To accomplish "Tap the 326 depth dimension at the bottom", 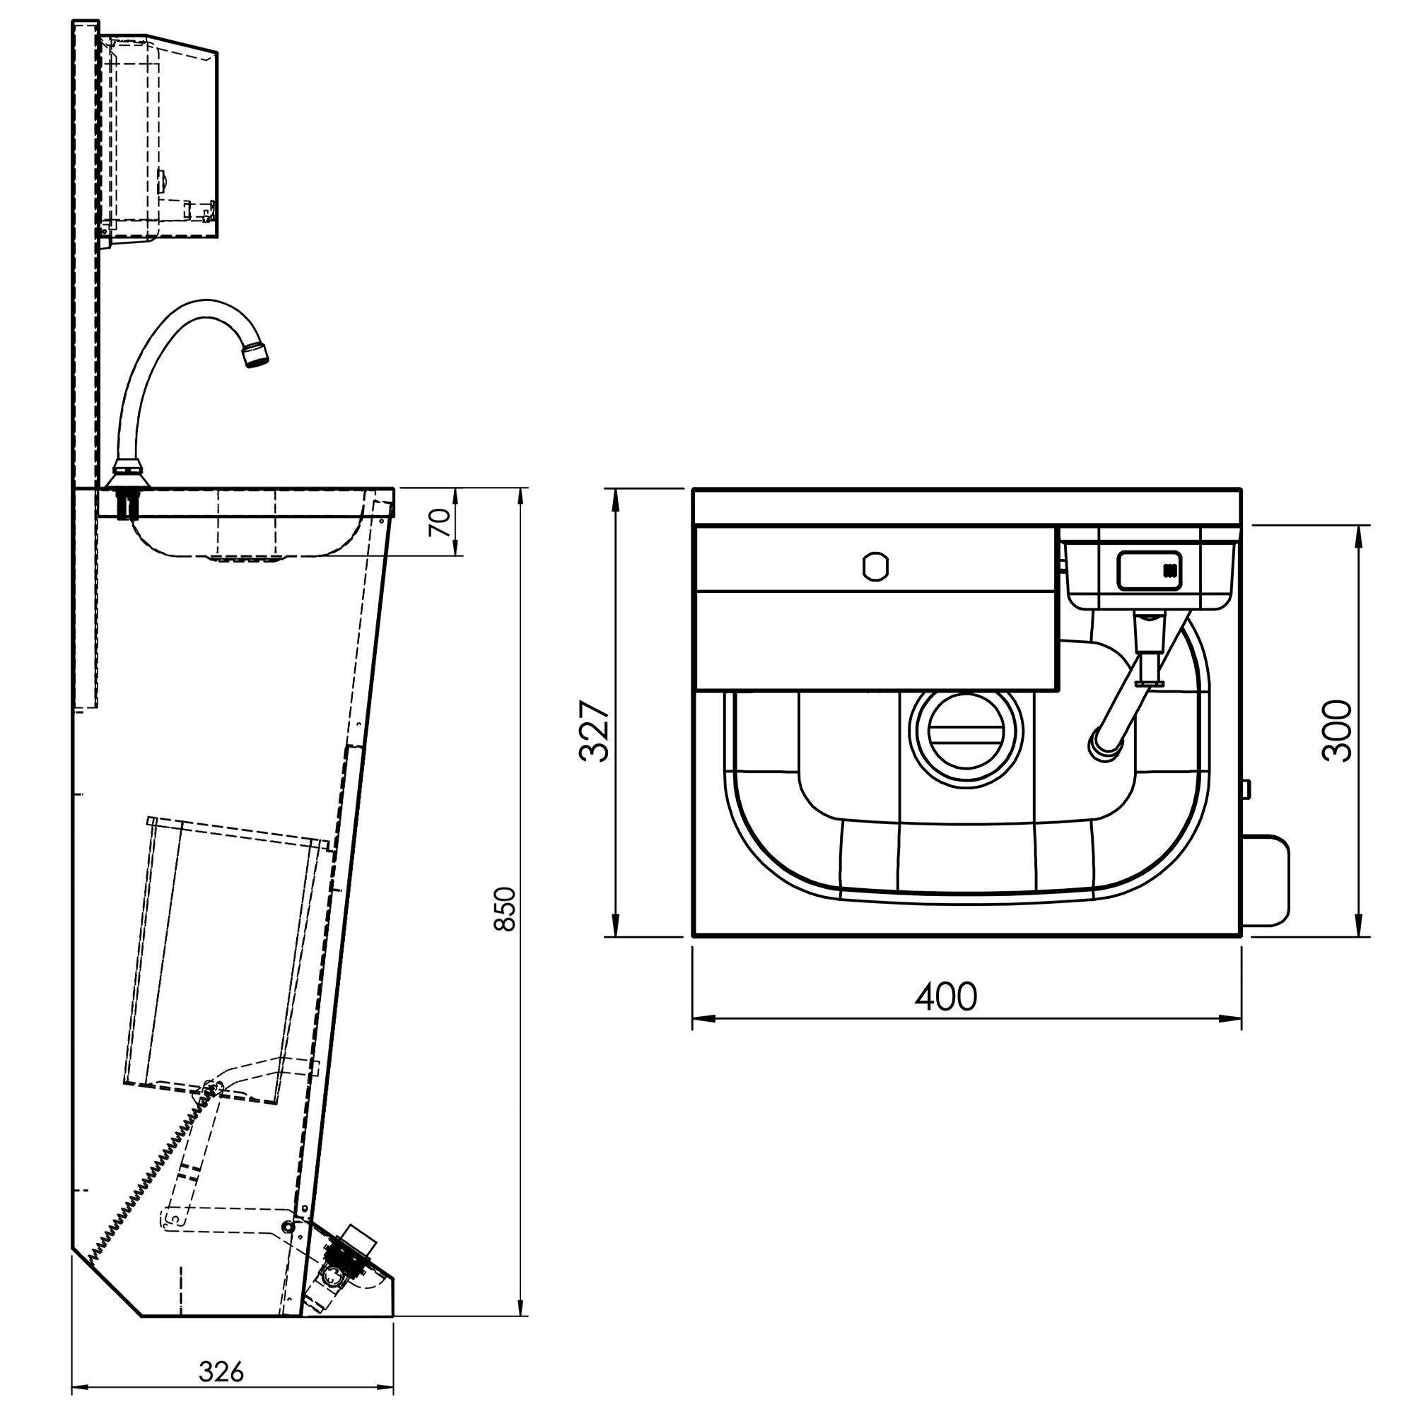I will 221,1372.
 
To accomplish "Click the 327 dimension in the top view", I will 593,731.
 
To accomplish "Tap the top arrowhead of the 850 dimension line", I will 520,495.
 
